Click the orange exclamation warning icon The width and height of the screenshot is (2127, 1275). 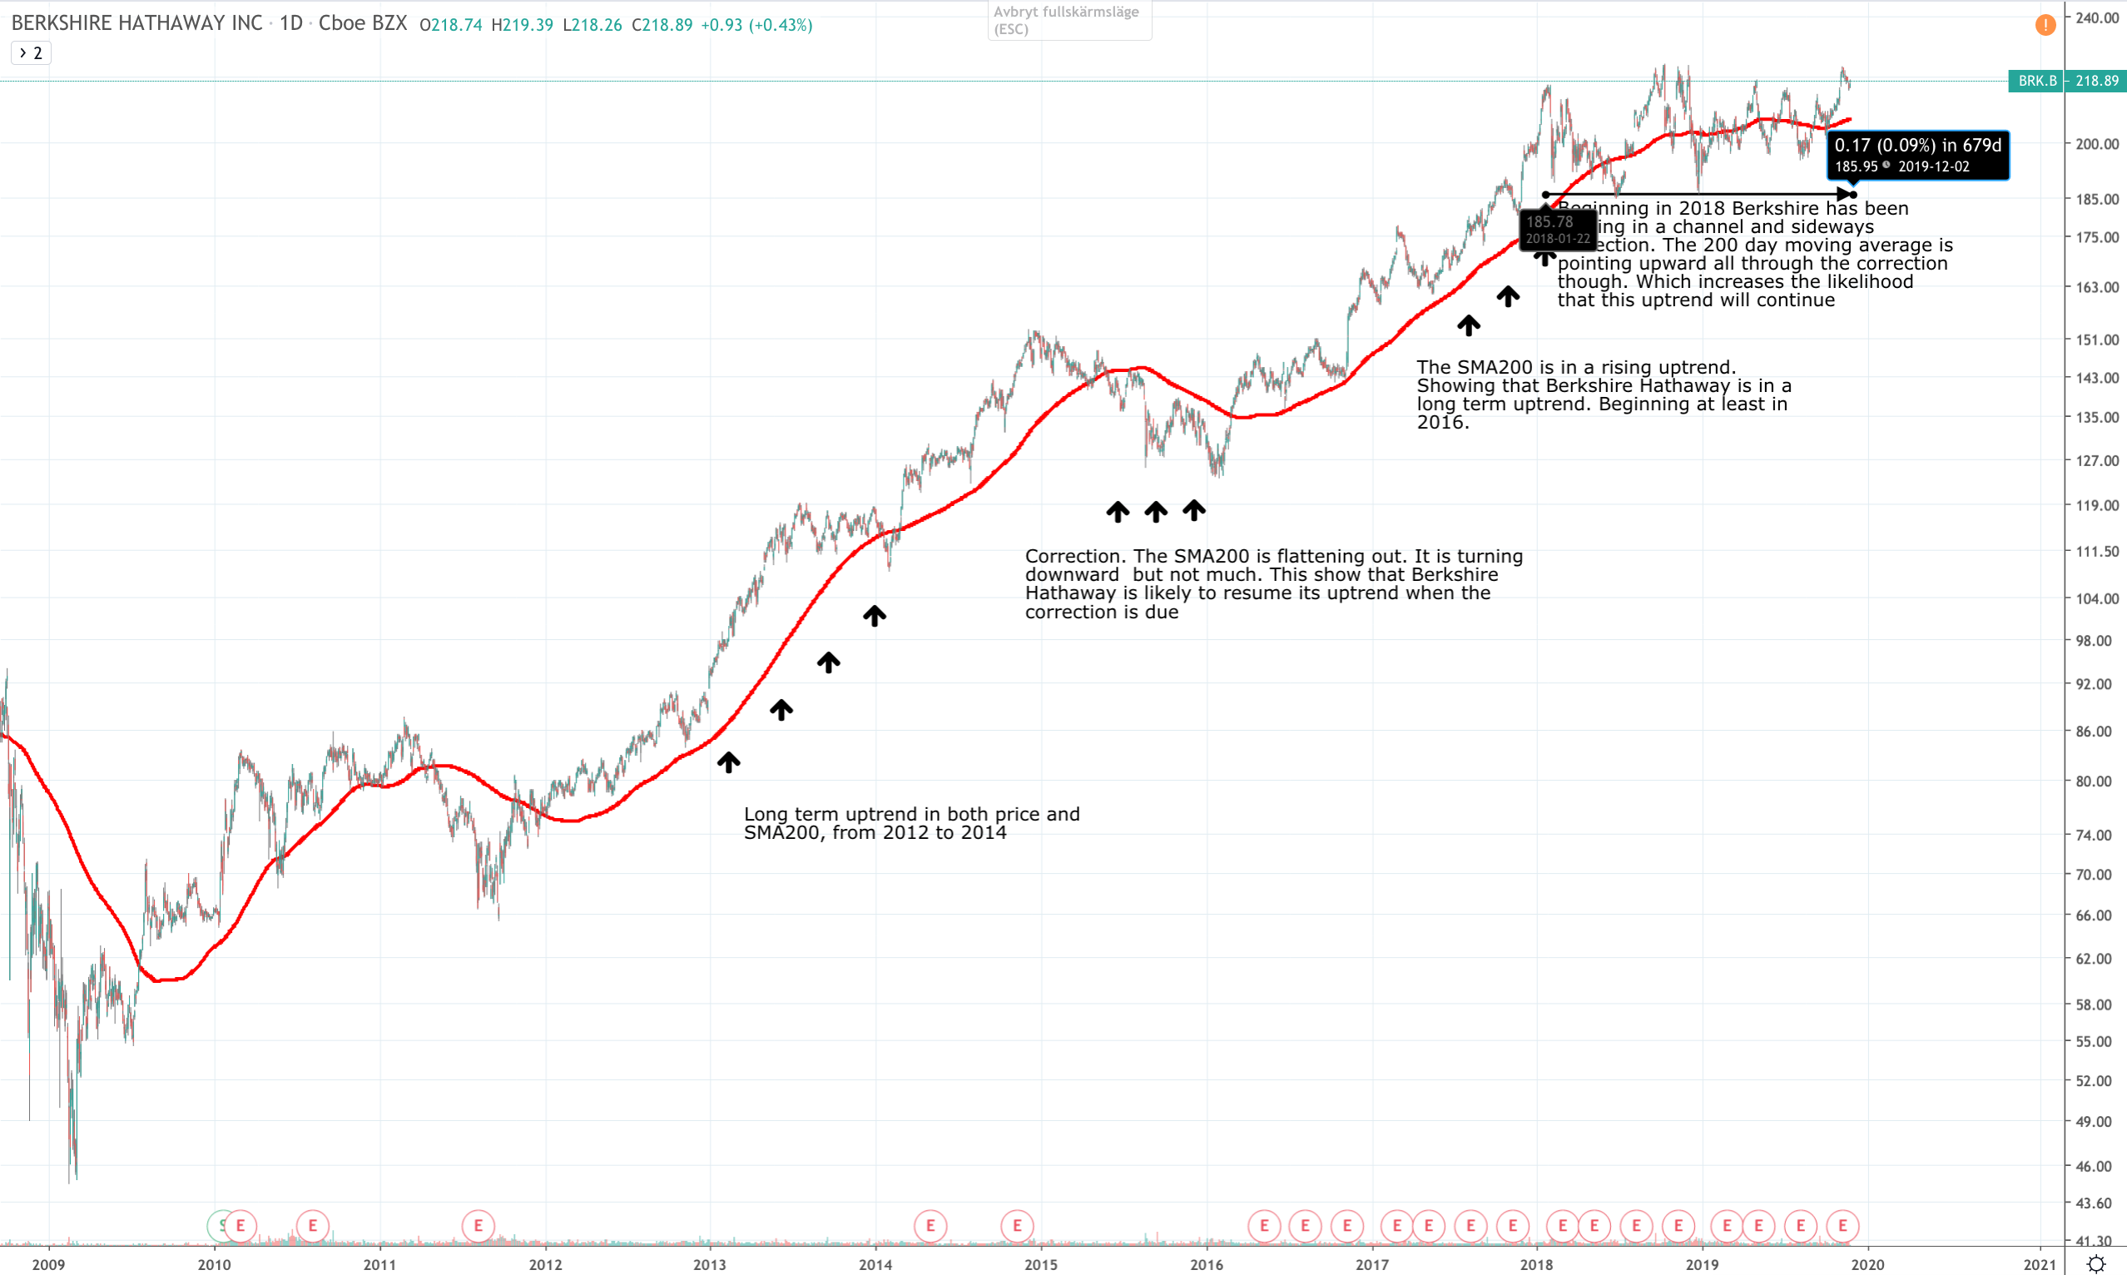point(2045,25)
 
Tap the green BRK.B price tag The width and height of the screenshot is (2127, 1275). point(2066,81)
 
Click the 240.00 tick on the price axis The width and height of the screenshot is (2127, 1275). point(2096,18)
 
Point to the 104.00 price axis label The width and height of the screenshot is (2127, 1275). point(2096,599)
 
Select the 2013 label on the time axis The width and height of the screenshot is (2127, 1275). point(710,1264)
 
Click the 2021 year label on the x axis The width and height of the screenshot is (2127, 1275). point(2040,1264)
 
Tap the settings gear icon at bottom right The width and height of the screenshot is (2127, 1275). point(2096,1264)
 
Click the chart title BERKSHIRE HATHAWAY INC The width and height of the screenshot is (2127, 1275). point(136,24)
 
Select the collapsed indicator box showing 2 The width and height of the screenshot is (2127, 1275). point(31,53)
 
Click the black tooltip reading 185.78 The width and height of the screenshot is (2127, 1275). point(1557,230)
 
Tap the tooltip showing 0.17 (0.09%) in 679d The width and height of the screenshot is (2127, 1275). point(1917,155)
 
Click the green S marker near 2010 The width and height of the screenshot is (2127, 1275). point(220,1225)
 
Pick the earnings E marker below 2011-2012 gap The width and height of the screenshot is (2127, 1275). point(478,1225)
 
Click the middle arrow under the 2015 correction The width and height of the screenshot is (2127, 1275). point(1155,512)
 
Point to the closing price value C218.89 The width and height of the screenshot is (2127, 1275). point(662,25)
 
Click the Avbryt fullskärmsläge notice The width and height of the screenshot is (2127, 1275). point(1068,20)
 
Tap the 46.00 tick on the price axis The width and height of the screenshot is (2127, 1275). point(2096,1166)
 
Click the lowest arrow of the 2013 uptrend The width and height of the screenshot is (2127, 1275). point(728,762)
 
